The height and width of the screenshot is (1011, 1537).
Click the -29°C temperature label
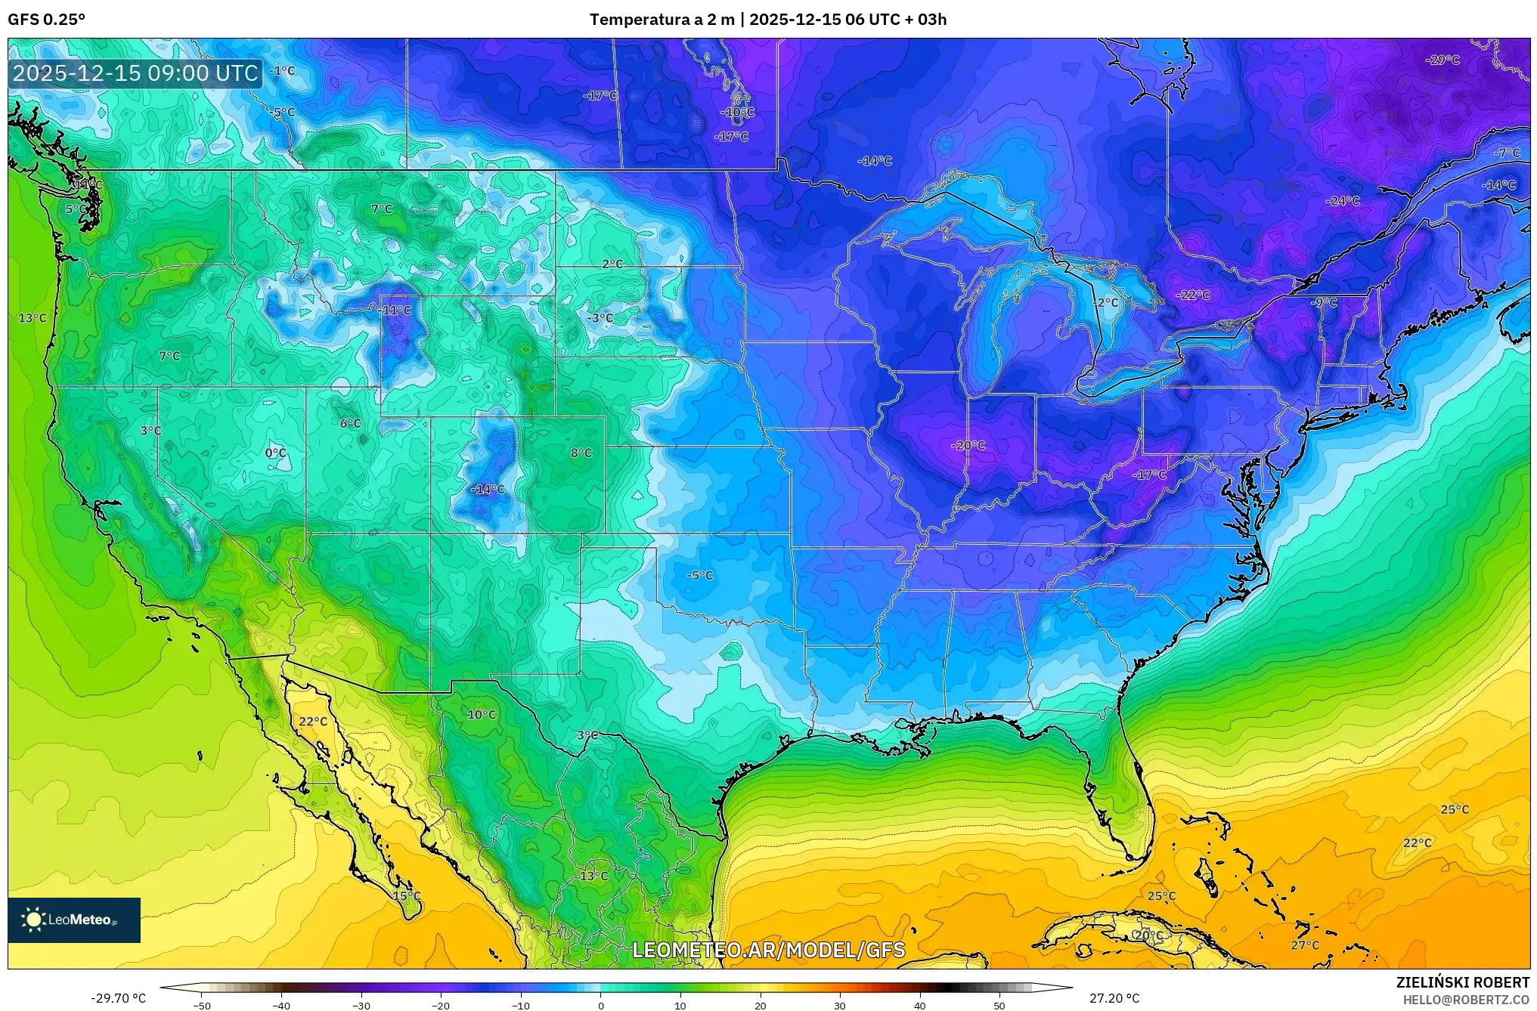click(x=1442, y=60)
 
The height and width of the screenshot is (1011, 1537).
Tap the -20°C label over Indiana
click(x=968, y=446)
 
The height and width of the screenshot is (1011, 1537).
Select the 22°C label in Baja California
click(x=313, y=722)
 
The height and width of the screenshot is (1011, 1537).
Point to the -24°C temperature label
click(x=1343, y=201)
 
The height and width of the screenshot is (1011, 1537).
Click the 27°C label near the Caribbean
click(x=1305, y=945)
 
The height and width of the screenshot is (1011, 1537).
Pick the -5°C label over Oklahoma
click(x=699, y=575)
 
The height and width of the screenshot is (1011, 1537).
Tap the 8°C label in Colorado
click(x=581, y=453)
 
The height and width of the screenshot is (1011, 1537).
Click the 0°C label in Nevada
click(x=275, y=453)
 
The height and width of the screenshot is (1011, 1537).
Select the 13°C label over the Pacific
click(x=33, y=318)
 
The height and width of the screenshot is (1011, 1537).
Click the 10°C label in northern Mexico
click(x=482, y=714)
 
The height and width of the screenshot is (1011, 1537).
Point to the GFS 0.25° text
click(x=47, y=20)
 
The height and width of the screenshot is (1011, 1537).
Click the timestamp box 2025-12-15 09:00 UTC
click(x=136, y=73)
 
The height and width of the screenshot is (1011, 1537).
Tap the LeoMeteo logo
click(x=74, y=920)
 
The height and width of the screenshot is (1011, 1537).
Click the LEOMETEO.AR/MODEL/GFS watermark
click(x=768, y=950)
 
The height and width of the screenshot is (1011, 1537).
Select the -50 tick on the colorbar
click(x=202, y=1006)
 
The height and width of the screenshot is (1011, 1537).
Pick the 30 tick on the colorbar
click(x=840, y=1006)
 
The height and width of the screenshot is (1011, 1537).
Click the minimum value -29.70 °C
click(x=118, y=998)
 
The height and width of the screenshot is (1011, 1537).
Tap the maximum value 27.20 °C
click(x=1114, y=998)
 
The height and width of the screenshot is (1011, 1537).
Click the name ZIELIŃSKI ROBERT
click(x=1462, y=983)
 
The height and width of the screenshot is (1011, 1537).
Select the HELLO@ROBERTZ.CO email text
click(x=1466, y=1000)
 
